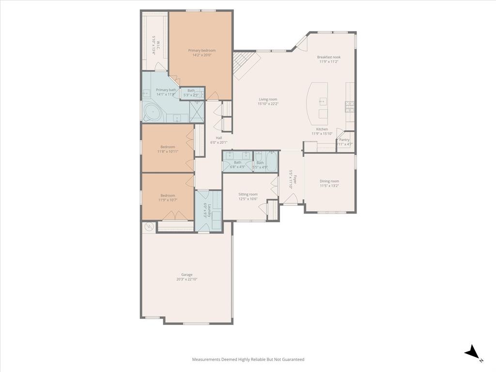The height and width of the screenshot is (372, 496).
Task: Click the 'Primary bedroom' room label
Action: click(201, 50)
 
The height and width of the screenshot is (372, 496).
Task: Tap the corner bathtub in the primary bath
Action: click(153, 113)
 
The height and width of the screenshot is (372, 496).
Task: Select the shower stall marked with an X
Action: click(197, 112)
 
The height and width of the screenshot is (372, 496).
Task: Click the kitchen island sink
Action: click(323, 102)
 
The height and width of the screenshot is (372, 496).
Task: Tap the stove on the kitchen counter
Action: click(349, 106)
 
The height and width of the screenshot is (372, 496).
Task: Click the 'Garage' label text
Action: click(187, 275)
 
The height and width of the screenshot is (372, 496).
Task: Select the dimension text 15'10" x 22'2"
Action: click(268, 104)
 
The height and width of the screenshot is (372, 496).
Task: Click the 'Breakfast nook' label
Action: click(328, 57)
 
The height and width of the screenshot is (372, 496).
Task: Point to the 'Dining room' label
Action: click(329, 181)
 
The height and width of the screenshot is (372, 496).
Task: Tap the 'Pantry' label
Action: click(344, 139)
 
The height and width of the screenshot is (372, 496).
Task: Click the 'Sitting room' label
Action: click(248, 194)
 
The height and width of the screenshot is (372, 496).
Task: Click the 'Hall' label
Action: click(219, 138)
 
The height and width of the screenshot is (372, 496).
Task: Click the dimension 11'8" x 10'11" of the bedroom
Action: click(168, 152)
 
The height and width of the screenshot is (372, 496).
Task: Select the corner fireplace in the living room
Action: click(241, 66)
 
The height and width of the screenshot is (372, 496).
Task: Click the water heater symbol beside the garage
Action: click(149, 226)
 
